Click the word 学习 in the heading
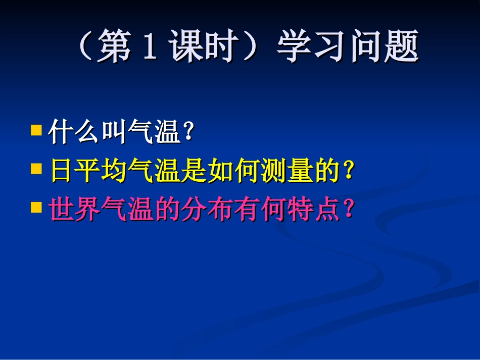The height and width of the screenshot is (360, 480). click(311, 47)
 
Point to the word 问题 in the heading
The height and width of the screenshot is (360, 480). click(384, 47)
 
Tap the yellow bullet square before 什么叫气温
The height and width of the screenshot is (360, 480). click(36, 131)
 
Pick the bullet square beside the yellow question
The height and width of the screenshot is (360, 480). click(36, 169)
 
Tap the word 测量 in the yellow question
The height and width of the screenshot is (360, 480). click(283, 172)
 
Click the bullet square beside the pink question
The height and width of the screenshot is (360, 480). click(36, 207)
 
